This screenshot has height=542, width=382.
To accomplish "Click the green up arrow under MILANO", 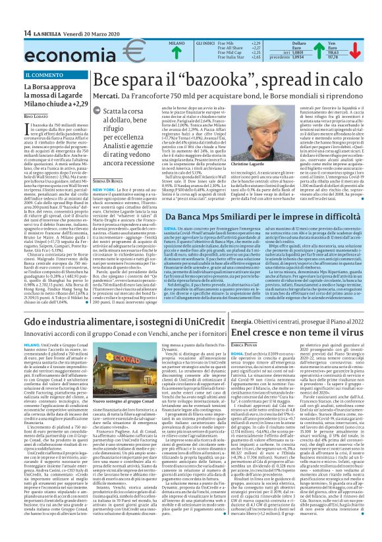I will [177, 51].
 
